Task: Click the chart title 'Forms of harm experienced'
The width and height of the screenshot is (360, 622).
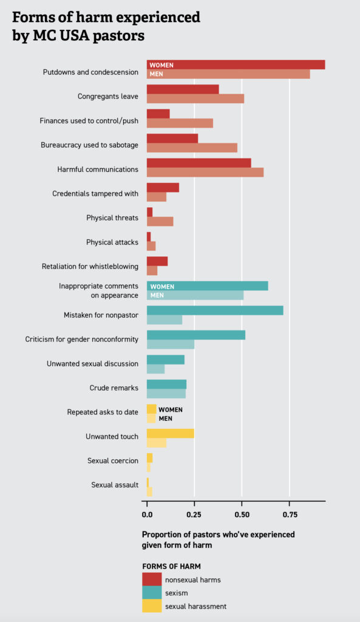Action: coord(106,17)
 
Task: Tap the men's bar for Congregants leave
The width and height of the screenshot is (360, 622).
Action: coord(195,98)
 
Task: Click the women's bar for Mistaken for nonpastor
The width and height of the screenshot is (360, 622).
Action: coord(215,310)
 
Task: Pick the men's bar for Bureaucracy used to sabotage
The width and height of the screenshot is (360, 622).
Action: coord(192,147)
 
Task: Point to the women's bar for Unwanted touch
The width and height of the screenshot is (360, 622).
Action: coord(170,432)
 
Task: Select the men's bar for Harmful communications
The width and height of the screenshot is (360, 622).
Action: coord(205,172)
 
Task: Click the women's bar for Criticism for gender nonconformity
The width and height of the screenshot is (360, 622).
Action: coord(195,335)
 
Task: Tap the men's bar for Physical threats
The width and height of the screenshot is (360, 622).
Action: coord(160,221)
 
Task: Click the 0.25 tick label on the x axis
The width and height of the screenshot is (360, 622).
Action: coord(194,514)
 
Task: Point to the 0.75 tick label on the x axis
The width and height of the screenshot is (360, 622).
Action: coord(290,514)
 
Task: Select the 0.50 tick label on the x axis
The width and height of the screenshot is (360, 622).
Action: coord(242,514)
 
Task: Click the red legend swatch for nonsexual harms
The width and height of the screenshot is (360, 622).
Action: coord(152,579)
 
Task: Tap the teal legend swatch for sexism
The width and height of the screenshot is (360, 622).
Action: coord(152,593)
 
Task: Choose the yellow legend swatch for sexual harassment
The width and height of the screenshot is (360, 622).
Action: coord(152,606)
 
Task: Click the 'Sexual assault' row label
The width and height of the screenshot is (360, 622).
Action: coord(115,485)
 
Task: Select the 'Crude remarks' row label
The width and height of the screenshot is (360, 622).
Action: coord(114,388)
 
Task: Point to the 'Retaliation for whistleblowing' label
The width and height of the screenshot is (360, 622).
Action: coord(90,266)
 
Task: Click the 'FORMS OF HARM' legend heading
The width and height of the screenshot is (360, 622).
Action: coord(171,566)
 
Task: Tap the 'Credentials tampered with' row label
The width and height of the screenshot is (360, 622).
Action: coord(95,193)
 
